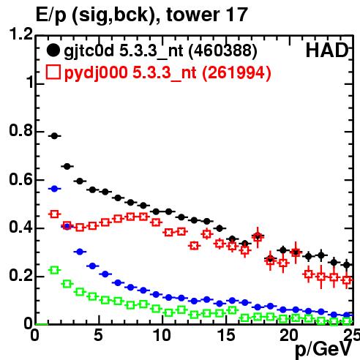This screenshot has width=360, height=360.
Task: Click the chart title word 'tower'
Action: [193, 15]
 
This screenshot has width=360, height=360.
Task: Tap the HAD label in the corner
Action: [327, 50]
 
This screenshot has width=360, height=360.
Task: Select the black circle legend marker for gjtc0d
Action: [53, 50]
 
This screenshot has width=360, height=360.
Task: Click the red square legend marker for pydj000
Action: [53, 72]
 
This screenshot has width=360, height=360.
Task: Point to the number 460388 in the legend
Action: [223, 50]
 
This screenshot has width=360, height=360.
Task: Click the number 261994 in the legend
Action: [236, 72]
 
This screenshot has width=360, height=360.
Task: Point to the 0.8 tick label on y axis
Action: [21, 131]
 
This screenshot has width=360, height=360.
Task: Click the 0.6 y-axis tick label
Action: [21, 179]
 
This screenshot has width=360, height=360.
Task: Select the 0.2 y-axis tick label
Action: [21, 276]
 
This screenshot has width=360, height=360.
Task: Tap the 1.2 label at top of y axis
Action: [21, 34]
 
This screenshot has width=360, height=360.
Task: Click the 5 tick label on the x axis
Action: [98, 335]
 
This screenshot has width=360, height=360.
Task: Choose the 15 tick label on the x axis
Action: [226, 335]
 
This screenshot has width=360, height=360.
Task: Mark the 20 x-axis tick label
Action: [289, 335]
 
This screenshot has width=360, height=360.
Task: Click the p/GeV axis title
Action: [323, 350]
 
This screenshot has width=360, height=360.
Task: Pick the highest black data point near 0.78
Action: [54, 136]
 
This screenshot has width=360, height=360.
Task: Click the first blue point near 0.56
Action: [54, 189]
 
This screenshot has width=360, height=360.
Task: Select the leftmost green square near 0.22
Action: [54, 270]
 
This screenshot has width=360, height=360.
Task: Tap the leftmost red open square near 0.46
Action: [54, 214]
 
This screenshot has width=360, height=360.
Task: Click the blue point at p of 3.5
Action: [80, 252]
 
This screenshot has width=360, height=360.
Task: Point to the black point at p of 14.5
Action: [220, 228]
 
